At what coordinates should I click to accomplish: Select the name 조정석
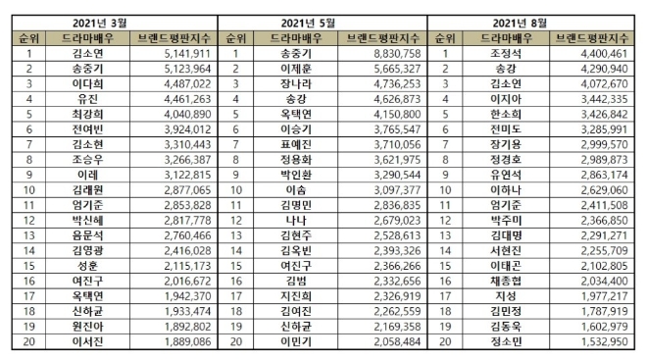[505, 54]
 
